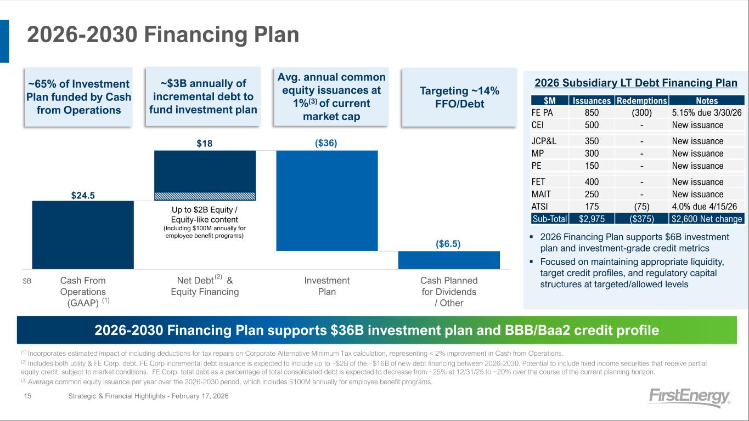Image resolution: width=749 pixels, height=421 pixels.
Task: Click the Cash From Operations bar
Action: coord(83,235)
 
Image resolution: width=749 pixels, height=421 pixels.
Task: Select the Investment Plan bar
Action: coord(327,201)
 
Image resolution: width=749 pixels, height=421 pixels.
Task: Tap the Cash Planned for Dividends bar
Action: coord(449,260)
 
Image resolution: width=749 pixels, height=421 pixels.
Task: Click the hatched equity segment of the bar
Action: coord(205,196)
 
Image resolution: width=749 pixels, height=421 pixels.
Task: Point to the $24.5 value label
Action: coord(83,195)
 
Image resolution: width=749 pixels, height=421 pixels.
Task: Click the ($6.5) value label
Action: coord(448,244)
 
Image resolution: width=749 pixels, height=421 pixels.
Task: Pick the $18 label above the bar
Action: coord(205,143)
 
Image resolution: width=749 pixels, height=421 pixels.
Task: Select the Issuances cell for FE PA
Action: coord(592,112)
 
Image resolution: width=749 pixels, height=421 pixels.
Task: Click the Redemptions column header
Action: coord(641,100)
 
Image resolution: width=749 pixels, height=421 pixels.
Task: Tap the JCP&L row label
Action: coord(544,141)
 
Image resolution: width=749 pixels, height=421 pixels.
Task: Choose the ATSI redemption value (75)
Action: coord(641,207)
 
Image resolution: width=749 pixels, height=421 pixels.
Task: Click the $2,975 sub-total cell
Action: coord(592,219)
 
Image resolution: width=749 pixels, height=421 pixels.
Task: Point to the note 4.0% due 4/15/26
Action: coord(704,207)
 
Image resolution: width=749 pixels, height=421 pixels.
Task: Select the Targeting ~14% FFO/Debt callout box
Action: coord(459,97)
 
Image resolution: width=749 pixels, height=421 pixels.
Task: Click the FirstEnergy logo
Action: coord(689,397)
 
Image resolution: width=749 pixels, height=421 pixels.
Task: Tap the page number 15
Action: coord(27,396)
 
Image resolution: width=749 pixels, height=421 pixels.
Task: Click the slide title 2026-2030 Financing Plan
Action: coord(163,35)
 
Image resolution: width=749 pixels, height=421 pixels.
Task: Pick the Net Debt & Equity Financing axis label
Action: coord(205,286)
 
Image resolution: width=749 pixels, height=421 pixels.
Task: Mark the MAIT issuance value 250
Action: coord(592,194)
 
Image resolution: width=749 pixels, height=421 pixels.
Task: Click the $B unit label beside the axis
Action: coord(27,281)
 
